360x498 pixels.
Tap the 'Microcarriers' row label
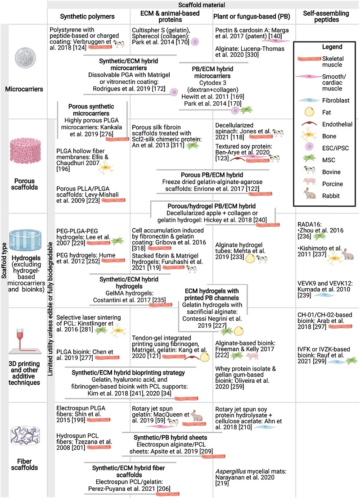point(27,89)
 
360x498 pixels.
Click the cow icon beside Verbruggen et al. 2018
point(118,44)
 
